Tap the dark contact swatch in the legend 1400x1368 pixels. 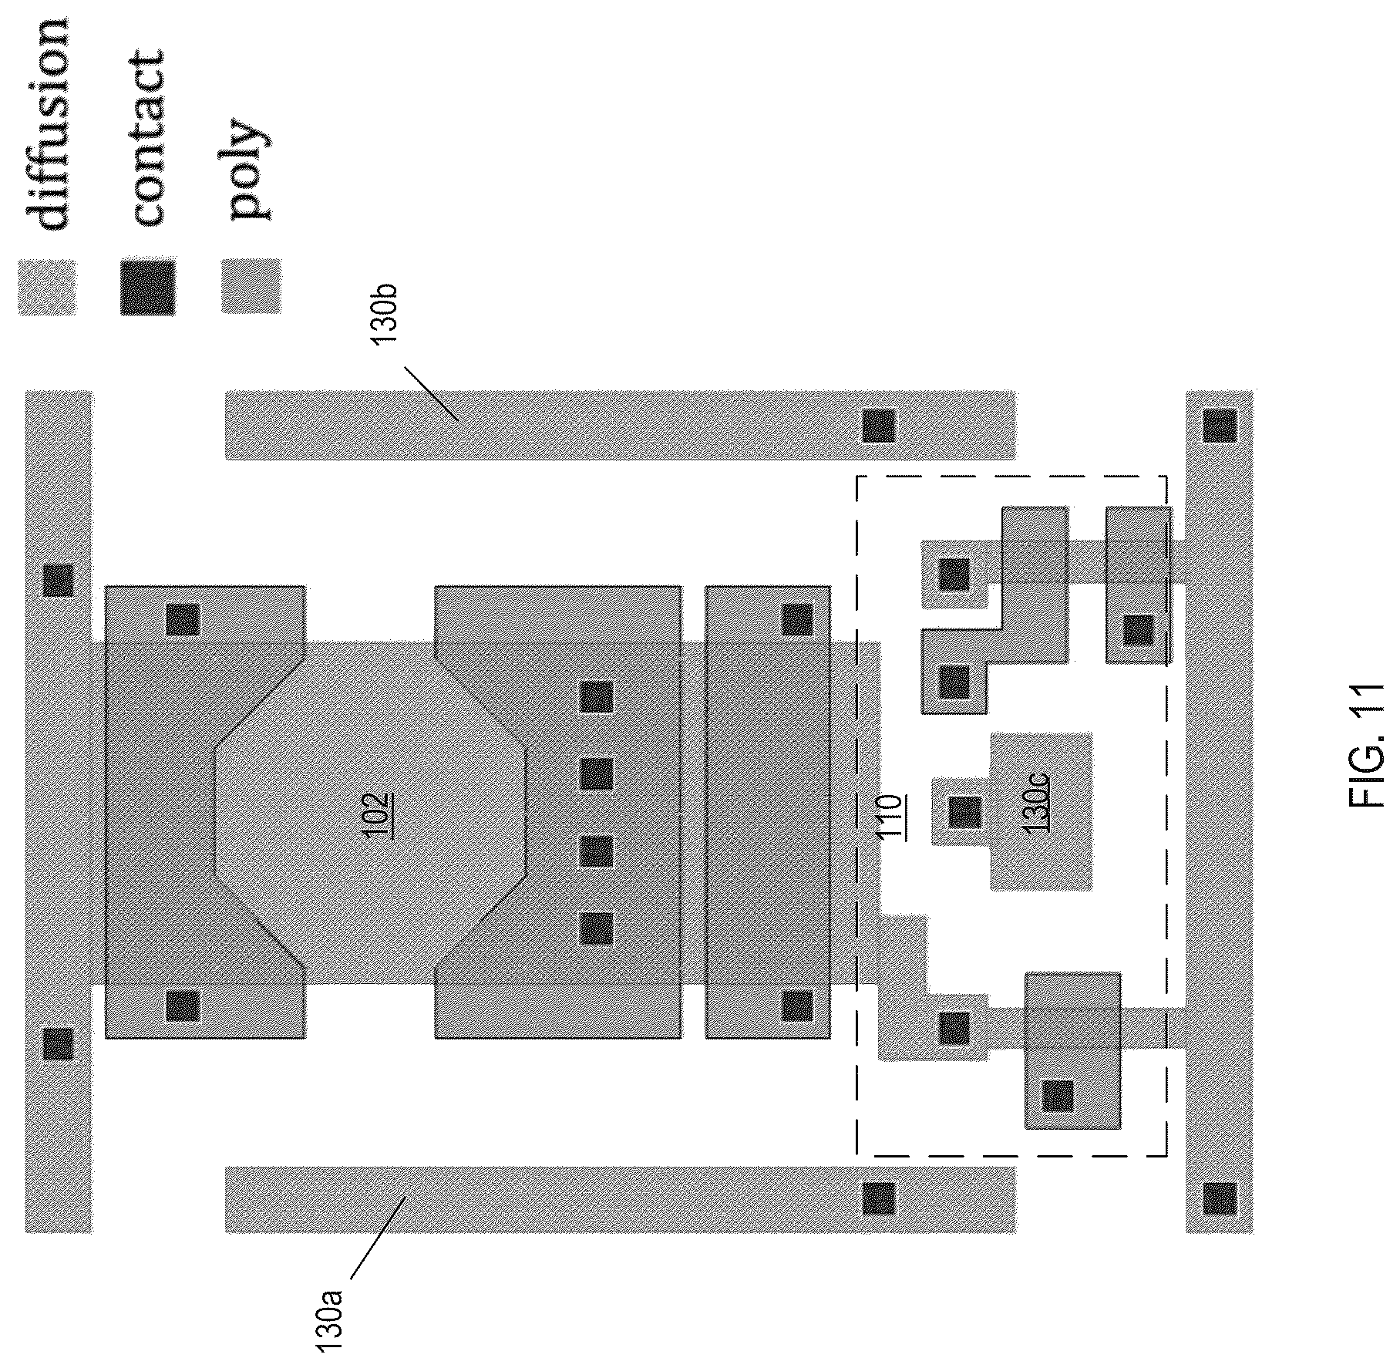[x=147, y=288]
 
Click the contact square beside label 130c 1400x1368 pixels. [x=964, y=811]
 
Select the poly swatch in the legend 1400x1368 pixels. [x=251, y=285]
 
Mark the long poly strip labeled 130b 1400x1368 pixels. [x=620, y=425]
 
